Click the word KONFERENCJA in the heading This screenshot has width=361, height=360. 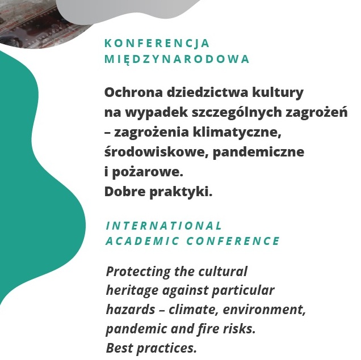tap(157, 44)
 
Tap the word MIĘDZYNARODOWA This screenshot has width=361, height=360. tap(177, 59)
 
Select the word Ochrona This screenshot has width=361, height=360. tap(134, 92)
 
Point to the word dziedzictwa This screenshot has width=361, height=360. tap(207, 92)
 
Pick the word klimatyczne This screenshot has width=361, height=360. tap(237, 133)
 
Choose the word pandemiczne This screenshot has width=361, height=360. tap(258, 153)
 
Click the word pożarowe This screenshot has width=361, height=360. tap(148, 172)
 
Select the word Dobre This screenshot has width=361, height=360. tap(125, 192)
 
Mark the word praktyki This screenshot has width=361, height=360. tap(180, 192)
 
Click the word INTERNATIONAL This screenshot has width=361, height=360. tap(163, 226)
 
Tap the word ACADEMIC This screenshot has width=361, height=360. tap(142, 241)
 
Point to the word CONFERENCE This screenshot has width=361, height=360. tap(233, 241)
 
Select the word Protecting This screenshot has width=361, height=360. tap(138, 272)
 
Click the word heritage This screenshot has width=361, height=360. tap(132, 291)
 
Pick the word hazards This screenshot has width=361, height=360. tap(131, 309)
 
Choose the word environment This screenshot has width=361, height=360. tap(264, 310)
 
